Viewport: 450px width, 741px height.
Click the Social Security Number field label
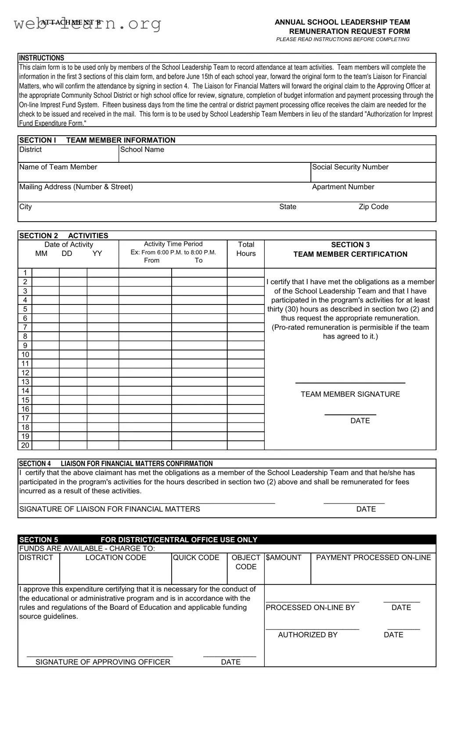tap(350, 167)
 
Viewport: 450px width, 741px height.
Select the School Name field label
tap(142, 150)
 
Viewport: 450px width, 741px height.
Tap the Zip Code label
tap(373, 207)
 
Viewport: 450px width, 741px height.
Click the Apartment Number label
tap(343, 187)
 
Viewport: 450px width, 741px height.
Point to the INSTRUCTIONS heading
tap(41, 58)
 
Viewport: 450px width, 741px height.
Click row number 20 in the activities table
tap(25, 445)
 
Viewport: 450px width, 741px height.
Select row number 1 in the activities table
tap(25, 273)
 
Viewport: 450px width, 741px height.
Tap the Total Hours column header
tap(246, 249)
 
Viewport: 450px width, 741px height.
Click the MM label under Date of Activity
tap(41, 254)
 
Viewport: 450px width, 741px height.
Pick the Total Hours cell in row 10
tap(245, 354)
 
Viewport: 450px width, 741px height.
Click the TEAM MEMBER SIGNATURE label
tap(350, 394)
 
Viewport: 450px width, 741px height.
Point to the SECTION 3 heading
tap(350, 245)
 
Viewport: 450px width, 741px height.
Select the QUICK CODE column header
tap(196, 558)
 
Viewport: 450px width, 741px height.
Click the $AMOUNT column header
tap(284, 558)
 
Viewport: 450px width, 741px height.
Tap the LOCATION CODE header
tap(115, 558)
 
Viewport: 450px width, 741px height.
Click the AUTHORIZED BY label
tap(307, 635)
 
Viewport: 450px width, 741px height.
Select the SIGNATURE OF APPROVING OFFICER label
tap(103, 662)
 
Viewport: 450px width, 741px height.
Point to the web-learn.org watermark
tap(87, 24)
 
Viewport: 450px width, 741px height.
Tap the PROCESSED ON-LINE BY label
tap(310, 608)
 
